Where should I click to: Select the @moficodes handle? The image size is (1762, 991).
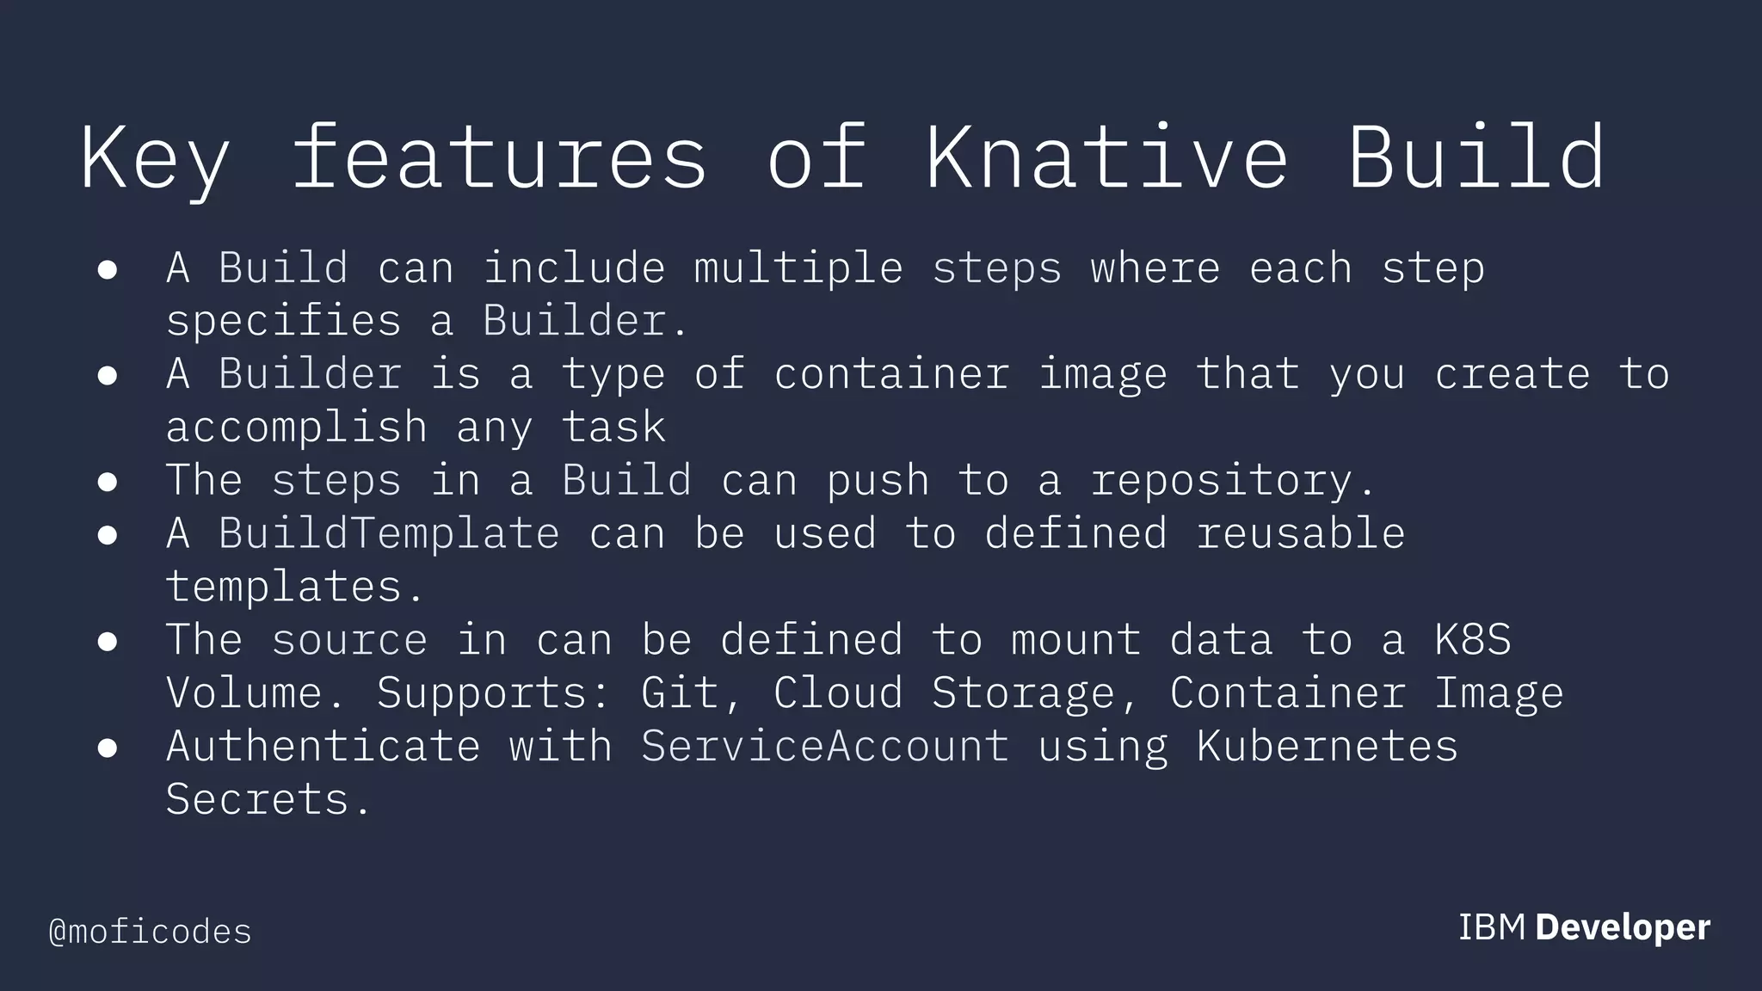pyautogui.click(x=151, y=932)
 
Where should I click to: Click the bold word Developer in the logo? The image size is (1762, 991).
pyautogui.click(x=1623, y=927)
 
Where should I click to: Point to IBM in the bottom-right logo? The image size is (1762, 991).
pyautogui.click(x=1491, y=927)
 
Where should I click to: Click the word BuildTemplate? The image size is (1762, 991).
pyautogui.click(x=389, y=533)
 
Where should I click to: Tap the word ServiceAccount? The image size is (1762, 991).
pyautogui.click(x=824, y=746)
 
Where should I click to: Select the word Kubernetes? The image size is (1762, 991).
pyautogui.click(x=1327, y=746)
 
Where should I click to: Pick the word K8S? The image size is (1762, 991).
pyautogui.click(x=1472, y=640)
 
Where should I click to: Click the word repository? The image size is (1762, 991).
pyautogui.click(x=1222, y=481)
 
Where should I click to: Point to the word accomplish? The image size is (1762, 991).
pyautogui.click(x=297, y=428)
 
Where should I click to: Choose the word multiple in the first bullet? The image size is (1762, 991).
pyautogui.click(x=798, y=268)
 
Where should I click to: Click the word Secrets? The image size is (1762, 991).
pyautogui.click(x=257, y=799)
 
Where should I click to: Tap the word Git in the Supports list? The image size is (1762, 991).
pyautogui.click(x=680, y=693)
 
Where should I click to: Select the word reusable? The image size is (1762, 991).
pyautogui.click(x=1300, y=533)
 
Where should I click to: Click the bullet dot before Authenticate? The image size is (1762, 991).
pyautogui.click(x=108, y=748)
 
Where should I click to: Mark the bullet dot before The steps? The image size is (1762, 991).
pyautogui.click(x=108, y=483)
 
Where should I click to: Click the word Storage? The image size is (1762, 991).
pyautogui.click(x=1023, y=693)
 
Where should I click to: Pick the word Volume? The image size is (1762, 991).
pyautogui.click(x=244, y=693)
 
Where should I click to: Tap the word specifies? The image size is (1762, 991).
pyautogui.click(x=283, y=322)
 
